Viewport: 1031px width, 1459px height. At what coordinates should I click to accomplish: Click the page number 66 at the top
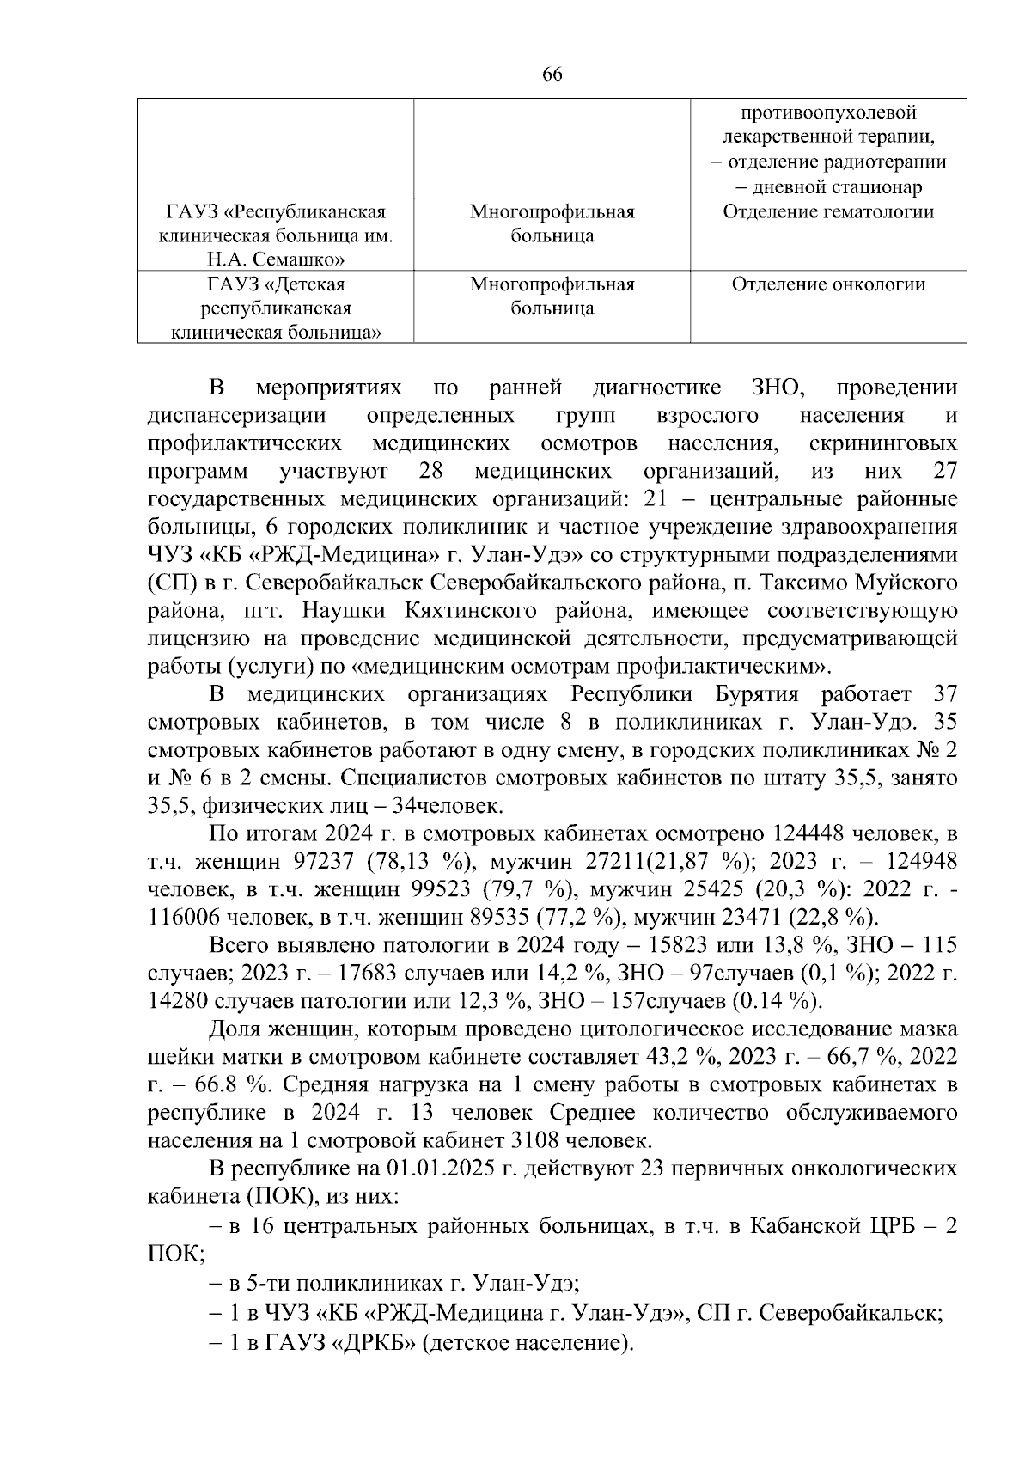coord(552,75)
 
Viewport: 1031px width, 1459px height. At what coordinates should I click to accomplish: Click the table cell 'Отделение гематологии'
coord(828,212)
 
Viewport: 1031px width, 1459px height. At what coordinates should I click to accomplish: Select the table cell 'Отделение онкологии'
coord(828,284)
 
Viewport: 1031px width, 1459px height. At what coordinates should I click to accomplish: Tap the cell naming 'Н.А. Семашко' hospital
coord(276,235)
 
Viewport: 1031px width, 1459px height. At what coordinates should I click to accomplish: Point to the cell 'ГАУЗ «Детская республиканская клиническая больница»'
coord(276,308)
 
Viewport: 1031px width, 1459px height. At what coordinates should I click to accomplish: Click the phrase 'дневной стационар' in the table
coord(828,187)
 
